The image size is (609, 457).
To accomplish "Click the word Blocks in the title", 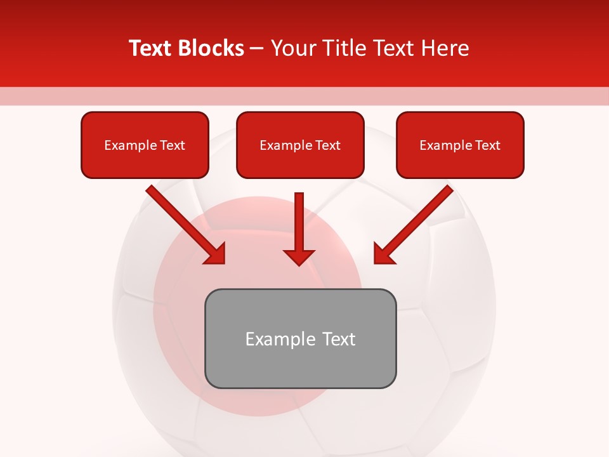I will click(211, 48).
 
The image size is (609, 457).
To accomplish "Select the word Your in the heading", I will click(291, 48).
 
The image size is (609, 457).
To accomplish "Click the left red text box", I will click(145, 145).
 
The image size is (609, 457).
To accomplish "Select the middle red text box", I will click(300, 145).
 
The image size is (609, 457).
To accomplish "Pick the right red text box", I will click(460, 145).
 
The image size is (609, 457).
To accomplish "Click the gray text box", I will click(300, 338).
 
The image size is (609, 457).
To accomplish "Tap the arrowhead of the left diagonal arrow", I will click(216, 253).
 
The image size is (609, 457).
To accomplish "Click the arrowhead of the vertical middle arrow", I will click(299, 256).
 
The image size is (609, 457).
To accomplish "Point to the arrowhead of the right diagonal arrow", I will click(383, 253).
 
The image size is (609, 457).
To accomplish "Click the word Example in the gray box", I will click(272, 339).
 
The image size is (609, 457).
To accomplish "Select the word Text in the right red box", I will click(487, 145).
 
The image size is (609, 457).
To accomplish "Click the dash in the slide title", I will click(257, 49).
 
